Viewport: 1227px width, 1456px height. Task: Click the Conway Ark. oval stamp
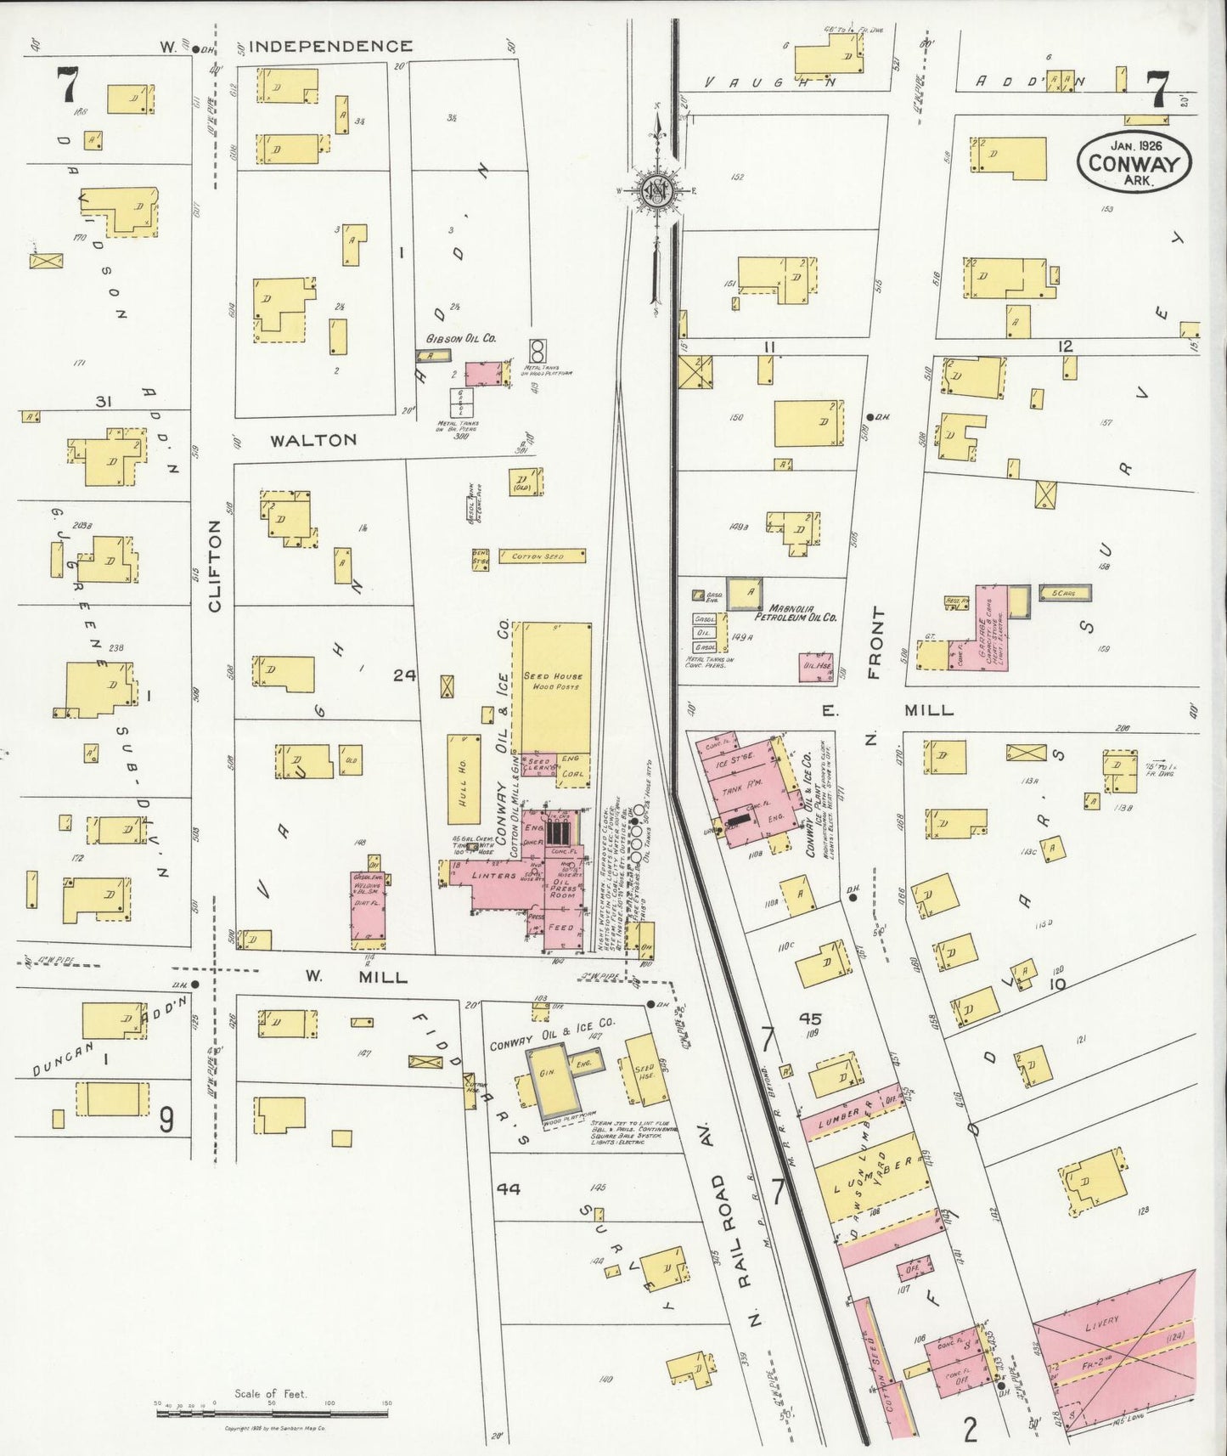[x=1134, y=158]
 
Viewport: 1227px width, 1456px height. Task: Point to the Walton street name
[x=313, y=440]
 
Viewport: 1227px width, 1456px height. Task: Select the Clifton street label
[x=215, y=566]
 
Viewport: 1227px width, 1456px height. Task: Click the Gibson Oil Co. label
[x=462, y=338]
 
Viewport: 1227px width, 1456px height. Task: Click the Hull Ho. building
[x=464, y=779]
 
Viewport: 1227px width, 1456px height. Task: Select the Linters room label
[x=493, y=875]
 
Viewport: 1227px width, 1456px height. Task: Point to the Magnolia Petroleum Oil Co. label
[x=802, y=612]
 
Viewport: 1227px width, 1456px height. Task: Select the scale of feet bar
[x=272, y=1414]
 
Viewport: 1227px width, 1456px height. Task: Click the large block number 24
[x=405, y=675]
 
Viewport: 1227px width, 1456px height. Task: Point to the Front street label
[x=875, y=643]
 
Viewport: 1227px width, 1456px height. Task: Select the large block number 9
[x=166, y=1120]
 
